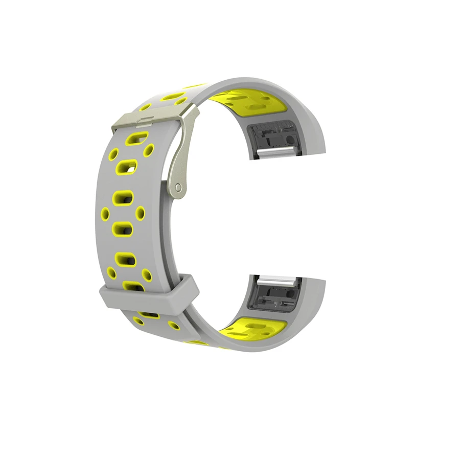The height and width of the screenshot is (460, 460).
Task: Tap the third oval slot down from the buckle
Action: pos(123,197)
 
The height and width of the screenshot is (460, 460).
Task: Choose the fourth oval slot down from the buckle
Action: pos(123,229)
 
